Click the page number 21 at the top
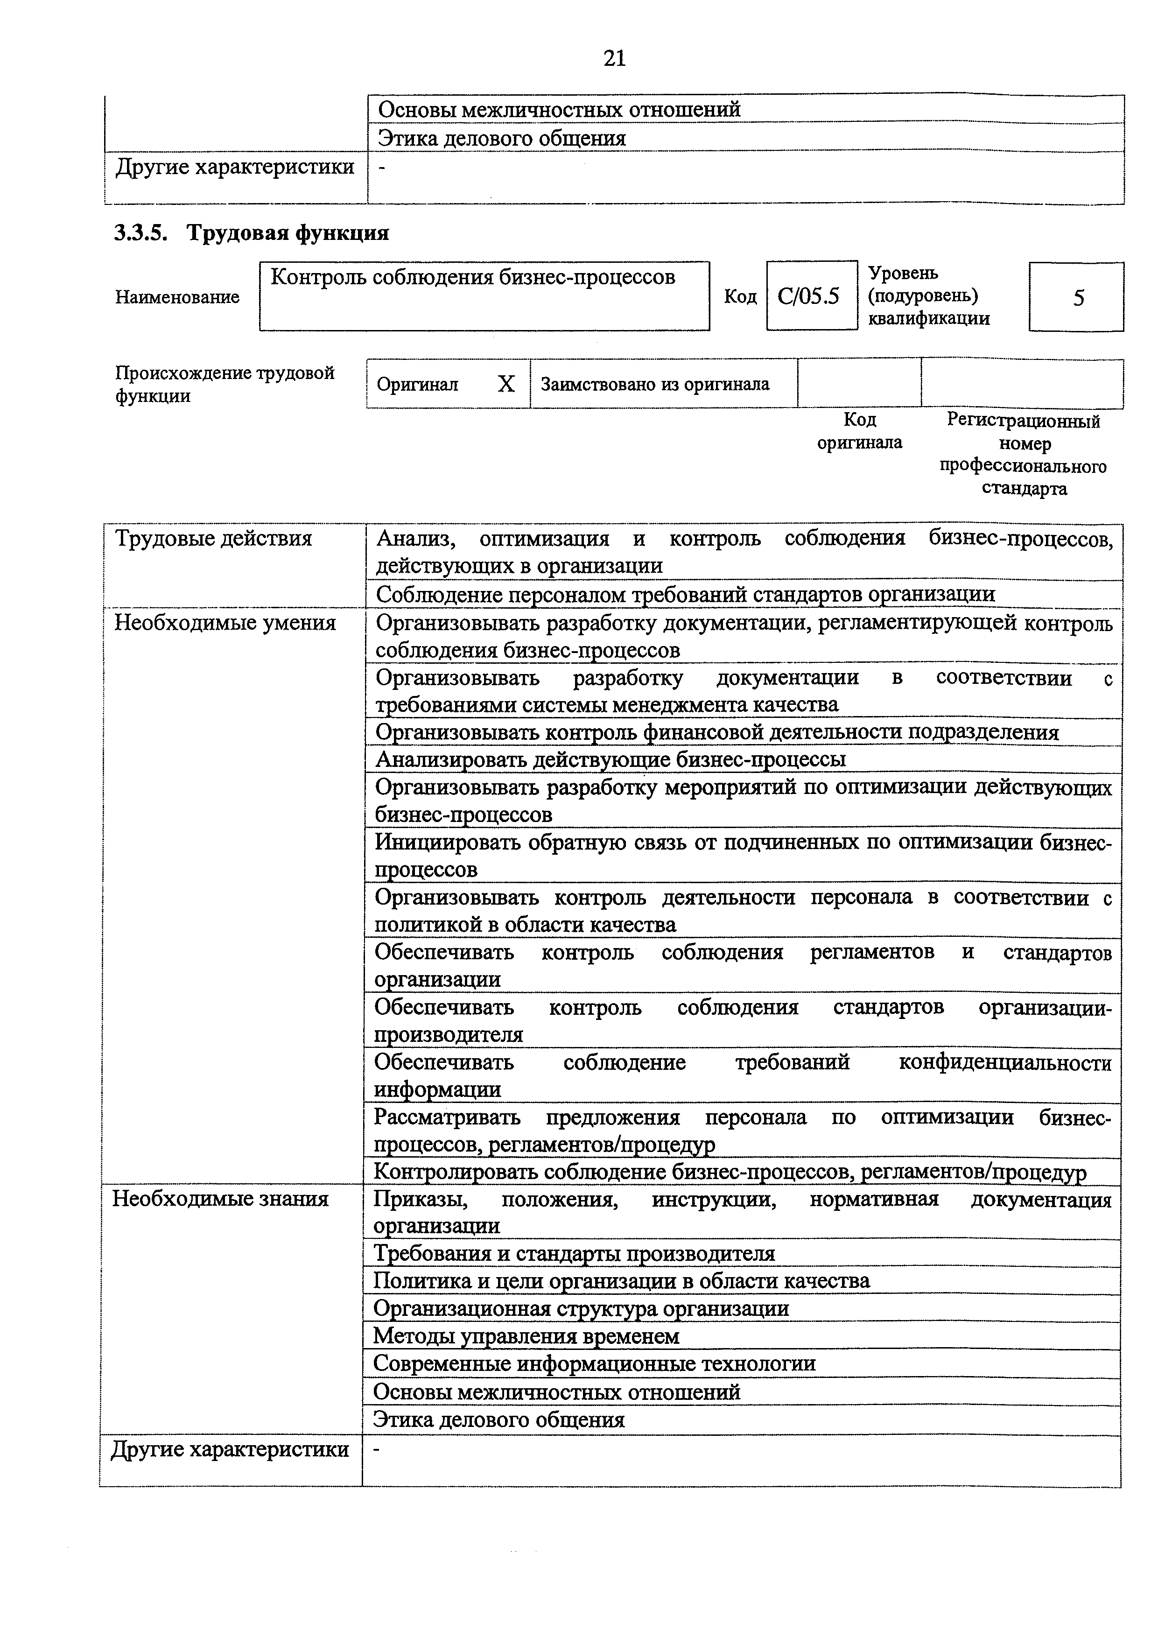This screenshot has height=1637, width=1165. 615,58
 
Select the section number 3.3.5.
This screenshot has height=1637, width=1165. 140,233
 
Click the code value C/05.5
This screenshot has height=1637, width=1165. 808,296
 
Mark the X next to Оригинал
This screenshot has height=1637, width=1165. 506,385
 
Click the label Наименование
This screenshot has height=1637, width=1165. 177,297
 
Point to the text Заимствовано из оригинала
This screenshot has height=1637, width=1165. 655,385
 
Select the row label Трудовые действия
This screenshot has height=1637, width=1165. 213,539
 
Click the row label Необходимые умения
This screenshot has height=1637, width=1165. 225,623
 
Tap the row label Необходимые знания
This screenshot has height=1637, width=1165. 220,1199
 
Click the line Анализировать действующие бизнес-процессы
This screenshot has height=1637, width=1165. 611,759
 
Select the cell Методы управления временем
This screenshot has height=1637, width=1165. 526,1336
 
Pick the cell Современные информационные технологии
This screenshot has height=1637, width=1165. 594,1363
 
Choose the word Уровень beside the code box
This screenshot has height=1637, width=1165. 902,274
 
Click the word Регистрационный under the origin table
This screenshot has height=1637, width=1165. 1023,421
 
